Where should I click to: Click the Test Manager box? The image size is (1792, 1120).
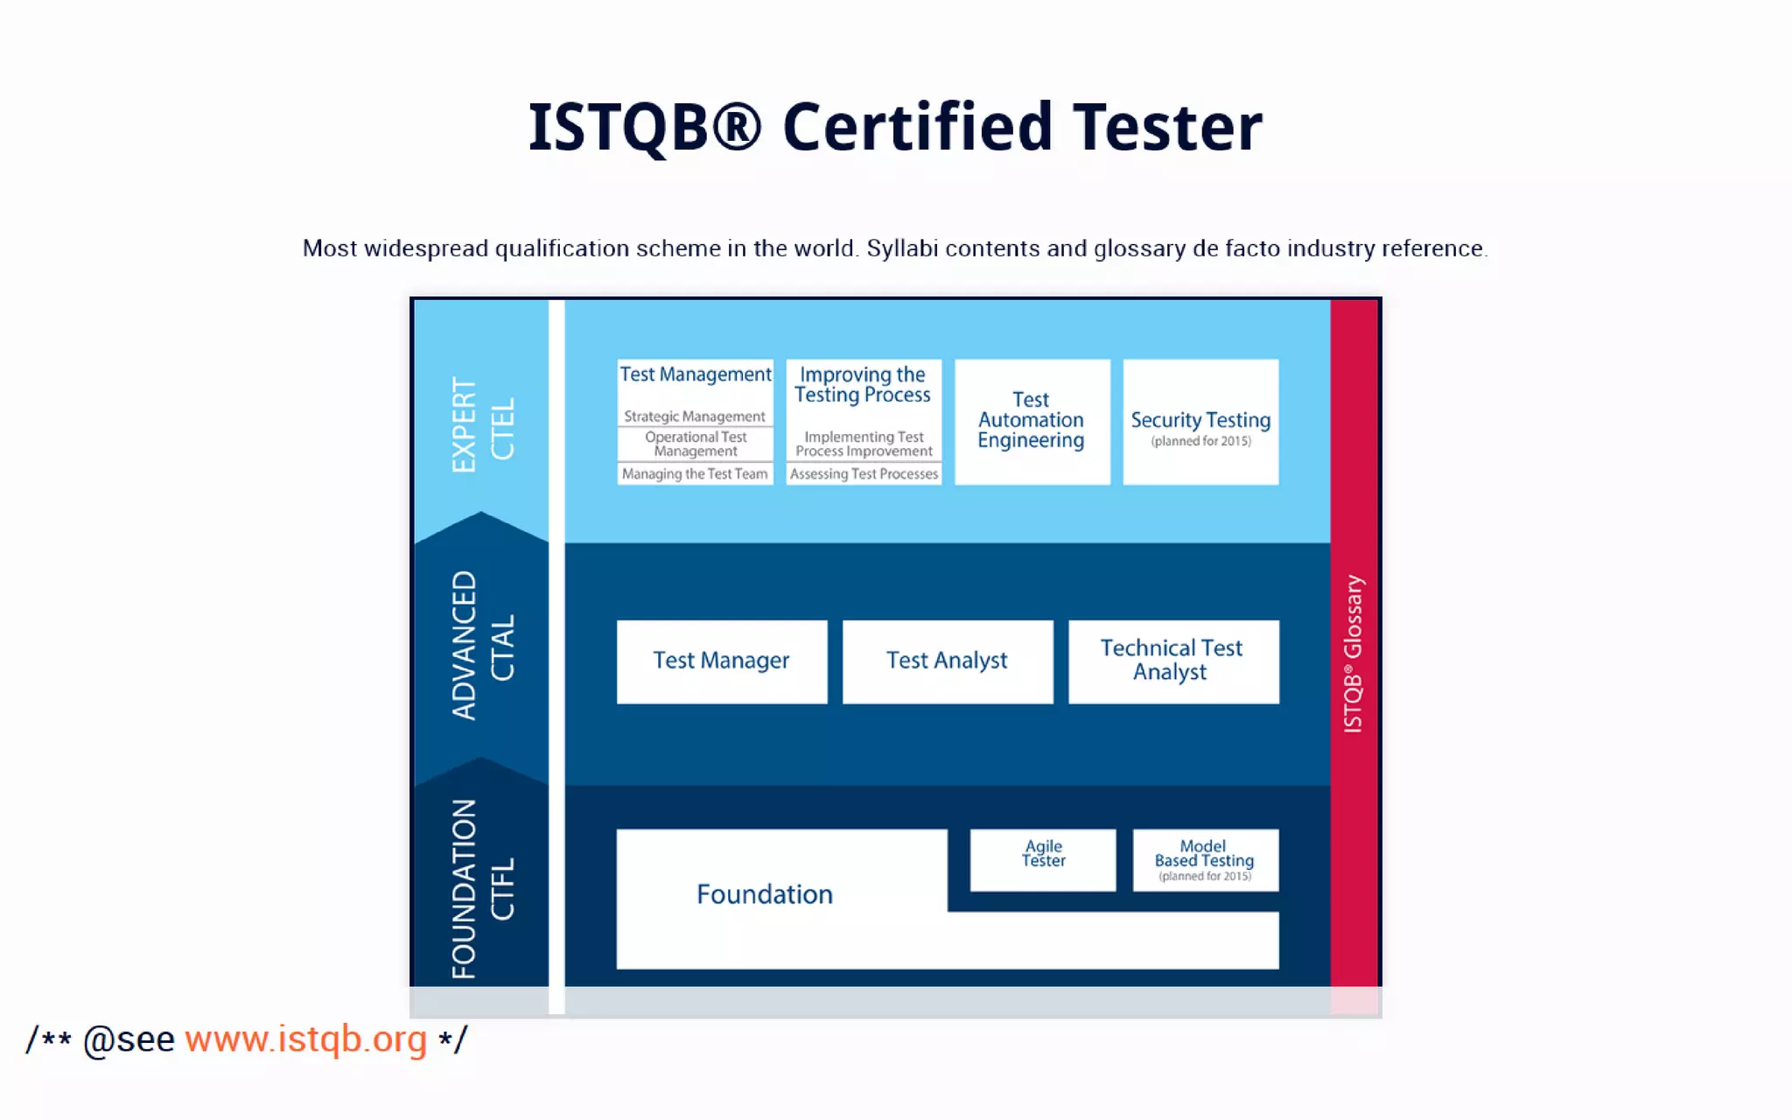click(x=721, y=661)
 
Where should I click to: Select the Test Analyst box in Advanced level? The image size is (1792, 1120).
click(x=947, y=661)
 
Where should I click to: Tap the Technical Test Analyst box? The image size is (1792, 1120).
click(x=1172, y=661)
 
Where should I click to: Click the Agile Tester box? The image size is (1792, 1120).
click(x=1043, y=858)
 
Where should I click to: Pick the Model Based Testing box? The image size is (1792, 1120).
click(x=1205, y=859)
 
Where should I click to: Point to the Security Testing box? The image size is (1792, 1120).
click(x=1200, y=422)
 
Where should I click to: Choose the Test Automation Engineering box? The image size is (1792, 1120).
click(x=1032, y=421)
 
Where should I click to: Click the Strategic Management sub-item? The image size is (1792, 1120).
click(x=695, y=416)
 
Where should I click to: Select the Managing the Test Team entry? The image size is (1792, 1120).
click(x=695, y=473)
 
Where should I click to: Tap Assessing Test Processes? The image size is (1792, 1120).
click(x=864, y=473)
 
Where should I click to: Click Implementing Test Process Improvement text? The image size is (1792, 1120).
click(x=864, y=444)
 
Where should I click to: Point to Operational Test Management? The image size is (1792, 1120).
click(x=696, y=444)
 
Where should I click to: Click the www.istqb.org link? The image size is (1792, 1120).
click(x=305, y=1039)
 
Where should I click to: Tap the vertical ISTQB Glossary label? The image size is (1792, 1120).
click(x=1353, y=653)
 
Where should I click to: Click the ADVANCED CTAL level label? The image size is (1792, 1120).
click(x=481, y=646)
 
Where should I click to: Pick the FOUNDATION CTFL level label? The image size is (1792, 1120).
click(x=481, y=887)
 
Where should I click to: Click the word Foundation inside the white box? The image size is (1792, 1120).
click(x=764, y=894)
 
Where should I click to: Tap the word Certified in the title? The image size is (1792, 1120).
click(x=916, y=128)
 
